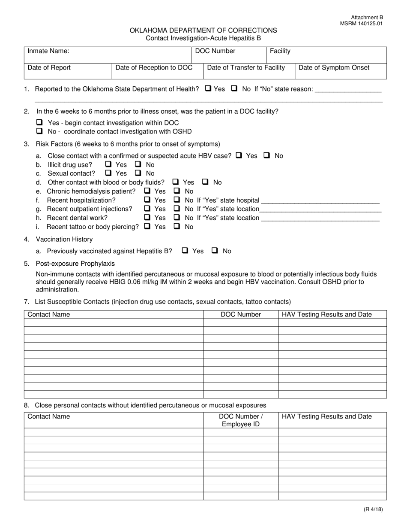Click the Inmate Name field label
click(48, 51)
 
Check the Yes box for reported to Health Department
click(208, 88)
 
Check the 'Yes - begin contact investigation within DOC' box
click(40, 122)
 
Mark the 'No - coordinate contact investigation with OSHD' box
click(40, 131)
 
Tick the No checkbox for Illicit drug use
click(138, 164)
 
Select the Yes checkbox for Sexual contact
click(108, 173)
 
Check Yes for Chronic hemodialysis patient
click(147, 191)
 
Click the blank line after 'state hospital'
click(320, 200)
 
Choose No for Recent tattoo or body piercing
click(177, 226)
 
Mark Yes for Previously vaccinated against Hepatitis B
click(185, 251)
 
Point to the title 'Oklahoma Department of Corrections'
click(203, 30)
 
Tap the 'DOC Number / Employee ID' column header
click(241, 420)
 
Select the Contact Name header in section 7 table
click(49, 314)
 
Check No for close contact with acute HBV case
click(267, 155)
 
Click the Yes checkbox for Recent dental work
click(147, 217)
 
